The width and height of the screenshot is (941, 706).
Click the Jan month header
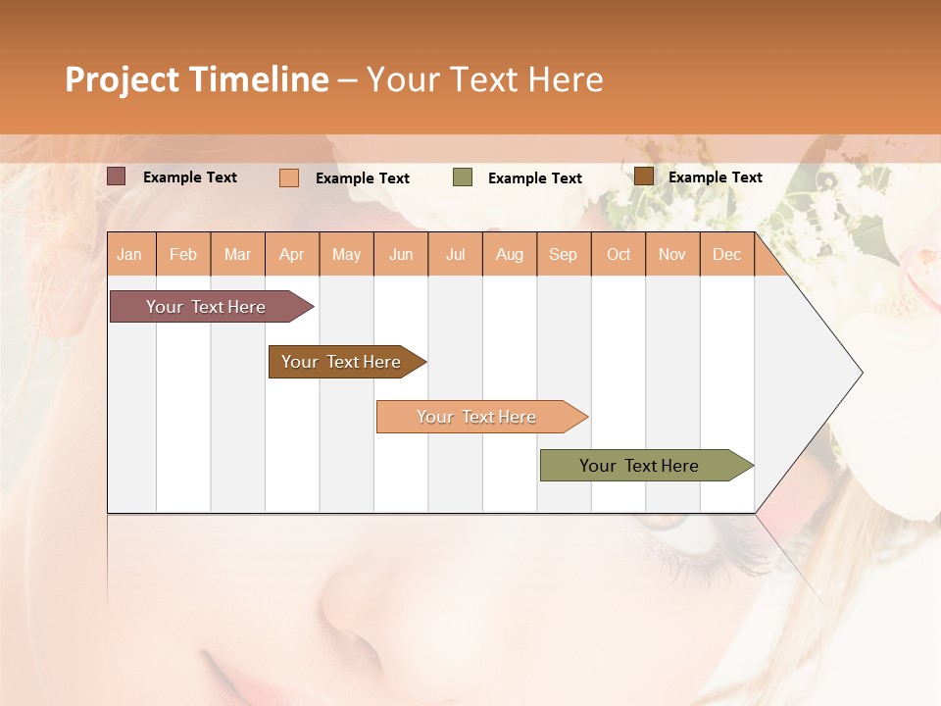129,254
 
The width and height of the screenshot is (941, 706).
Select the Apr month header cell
292,254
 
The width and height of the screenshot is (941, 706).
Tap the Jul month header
455,254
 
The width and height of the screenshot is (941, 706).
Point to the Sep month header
563,254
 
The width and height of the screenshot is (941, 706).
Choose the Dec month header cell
726,254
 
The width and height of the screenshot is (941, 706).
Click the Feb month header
183,254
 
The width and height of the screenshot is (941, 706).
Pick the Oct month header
619,254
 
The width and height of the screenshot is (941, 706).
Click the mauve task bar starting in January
206,307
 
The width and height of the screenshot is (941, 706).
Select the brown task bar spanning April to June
341,362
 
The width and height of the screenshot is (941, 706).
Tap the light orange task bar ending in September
476,417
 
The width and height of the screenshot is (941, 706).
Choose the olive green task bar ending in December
639,466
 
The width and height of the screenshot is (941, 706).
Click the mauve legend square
117,176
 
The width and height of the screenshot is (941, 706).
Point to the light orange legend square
289,177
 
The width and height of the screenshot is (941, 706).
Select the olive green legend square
463,177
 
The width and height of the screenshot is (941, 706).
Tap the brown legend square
643,176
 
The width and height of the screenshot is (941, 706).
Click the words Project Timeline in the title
196,79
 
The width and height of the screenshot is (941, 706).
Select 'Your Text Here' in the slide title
484,79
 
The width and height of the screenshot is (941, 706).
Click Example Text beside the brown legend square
715,177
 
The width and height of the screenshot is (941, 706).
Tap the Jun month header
401,254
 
